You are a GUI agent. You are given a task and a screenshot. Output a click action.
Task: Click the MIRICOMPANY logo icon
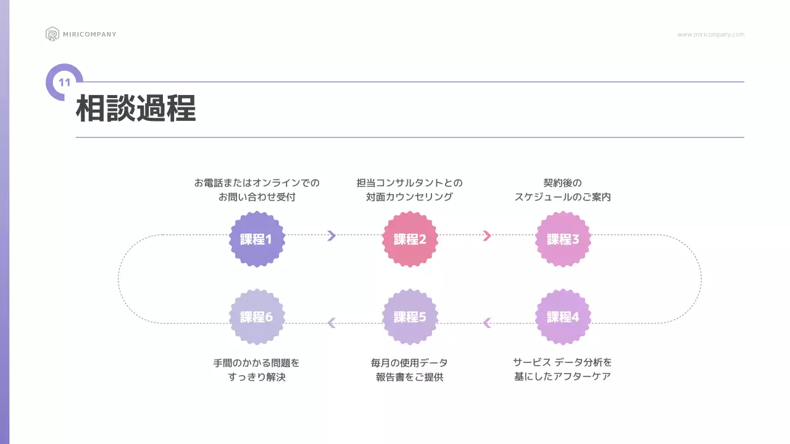click(x=52, y=34)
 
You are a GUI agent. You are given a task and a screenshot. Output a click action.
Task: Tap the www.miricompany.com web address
click(x=710, y=35)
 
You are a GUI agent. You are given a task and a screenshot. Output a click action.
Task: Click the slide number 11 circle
click(x=64, y=82)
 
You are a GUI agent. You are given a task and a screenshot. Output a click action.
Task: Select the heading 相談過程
click(x=136, y=109)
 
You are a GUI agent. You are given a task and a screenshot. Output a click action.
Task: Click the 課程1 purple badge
click(x=257, y=239)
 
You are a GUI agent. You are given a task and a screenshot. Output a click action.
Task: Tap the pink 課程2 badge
click(x=410, y=239)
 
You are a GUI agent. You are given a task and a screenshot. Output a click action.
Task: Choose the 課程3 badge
click(x=563, y=239)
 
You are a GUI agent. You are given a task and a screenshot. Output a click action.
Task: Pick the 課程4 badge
click(x=563, y=317)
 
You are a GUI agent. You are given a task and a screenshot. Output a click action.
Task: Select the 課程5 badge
click(x=410, y=317)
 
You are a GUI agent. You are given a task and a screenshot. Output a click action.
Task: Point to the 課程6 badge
click(x=257, y=317)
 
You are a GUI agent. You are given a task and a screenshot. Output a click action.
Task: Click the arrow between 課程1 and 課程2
click(x=331, y=235)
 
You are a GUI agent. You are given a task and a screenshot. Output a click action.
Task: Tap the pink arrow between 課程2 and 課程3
click(x=486, y=235)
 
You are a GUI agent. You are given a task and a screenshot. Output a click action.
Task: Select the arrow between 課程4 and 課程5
click(x=486, y=323)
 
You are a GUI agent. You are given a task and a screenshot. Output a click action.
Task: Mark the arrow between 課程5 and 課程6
click(x=331, y=323)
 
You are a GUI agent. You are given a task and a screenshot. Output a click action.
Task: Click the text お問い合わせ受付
click(x=257, y=197)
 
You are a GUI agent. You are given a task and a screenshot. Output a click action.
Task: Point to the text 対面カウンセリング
click(x=409, y=197)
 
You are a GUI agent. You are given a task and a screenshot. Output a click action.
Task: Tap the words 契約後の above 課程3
click(x=562, y=183)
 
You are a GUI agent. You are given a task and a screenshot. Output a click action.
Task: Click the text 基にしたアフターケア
click(x=562, y=376)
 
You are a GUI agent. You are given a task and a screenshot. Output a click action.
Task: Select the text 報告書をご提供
click(x=409, y=377)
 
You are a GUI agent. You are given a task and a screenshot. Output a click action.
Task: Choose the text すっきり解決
click(x=257, y=377)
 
